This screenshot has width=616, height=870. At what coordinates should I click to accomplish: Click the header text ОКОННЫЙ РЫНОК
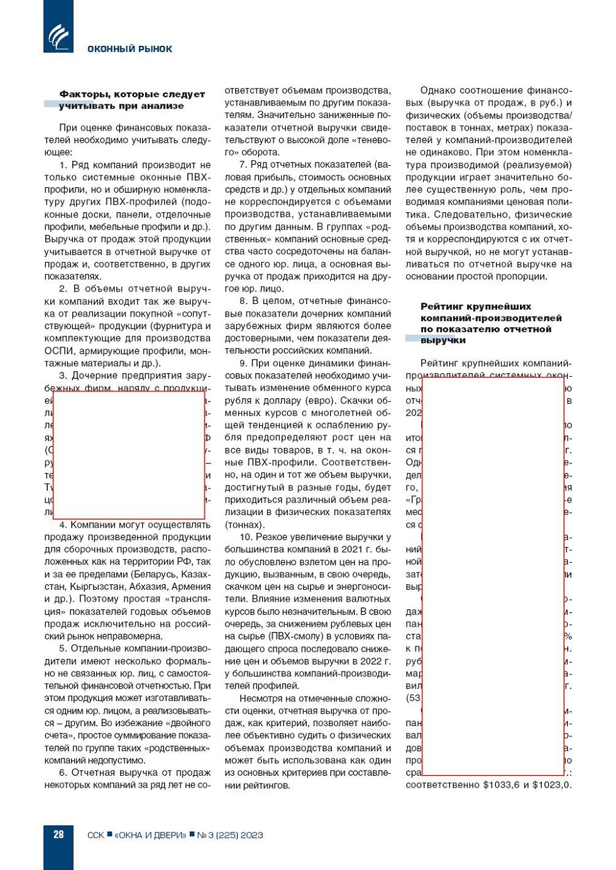click(129, 49)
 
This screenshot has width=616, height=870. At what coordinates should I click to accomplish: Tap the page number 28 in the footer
click(58, 834)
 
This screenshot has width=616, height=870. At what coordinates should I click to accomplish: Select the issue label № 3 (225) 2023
click(230, 835)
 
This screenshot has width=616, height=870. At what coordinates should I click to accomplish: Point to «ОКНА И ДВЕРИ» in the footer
click(150, 835)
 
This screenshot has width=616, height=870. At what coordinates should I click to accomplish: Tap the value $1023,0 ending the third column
click(552, 785)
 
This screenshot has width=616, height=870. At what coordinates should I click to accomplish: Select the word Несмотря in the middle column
click(260, 698)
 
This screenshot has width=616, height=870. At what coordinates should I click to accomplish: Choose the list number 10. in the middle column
click(246, 537)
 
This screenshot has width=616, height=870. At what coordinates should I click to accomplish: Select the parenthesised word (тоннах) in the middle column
click(245, 525)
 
